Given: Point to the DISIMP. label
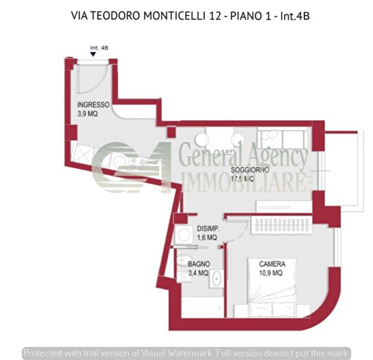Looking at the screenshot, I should pyautogui.click(x=208, y=229).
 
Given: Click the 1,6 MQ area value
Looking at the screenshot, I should pyautogui.click(x=207, y=237).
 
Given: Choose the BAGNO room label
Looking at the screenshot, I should pyautogui.click(x=199, y=264).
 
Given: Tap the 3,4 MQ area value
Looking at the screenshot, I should pyautogui.click(x=199, y=273).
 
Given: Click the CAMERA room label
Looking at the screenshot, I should pyautogui.click(x=273, y=264).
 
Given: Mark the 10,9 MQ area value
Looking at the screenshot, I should pyautogui.click(x=273, y=273).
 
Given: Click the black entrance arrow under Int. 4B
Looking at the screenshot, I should pyautogui.click(x=93, y=54).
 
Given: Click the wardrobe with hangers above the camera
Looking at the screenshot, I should pyautogui.click(x=282, y=224).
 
